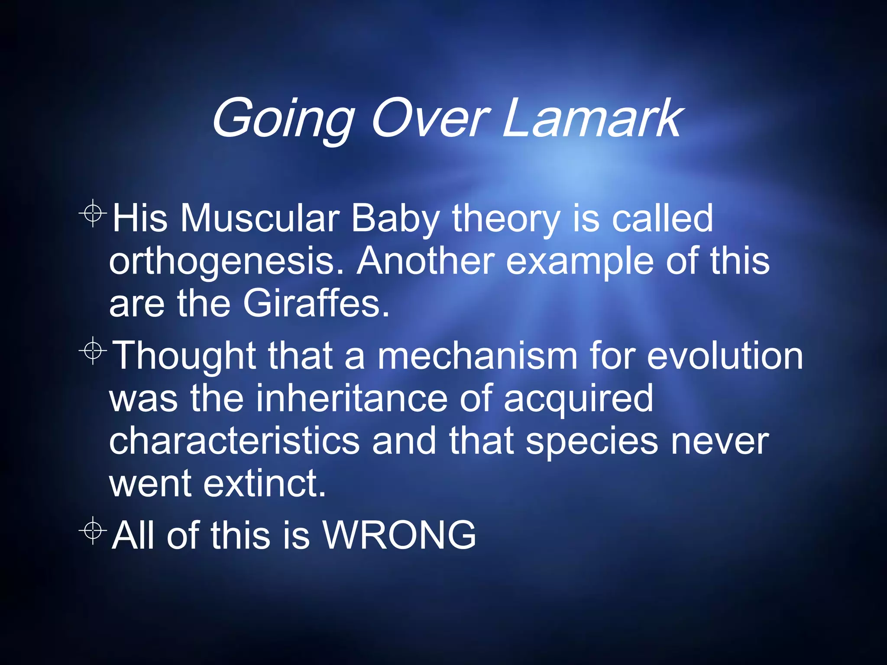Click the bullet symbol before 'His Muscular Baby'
click(93, 213)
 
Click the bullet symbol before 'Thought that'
click(93, 351)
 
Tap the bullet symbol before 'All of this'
click(93, 530)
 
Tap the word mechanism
click(477, 355)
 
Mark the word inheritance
click(351, 398)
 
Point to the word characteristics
click(234, 441)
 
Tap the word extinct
click(264, 483)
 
